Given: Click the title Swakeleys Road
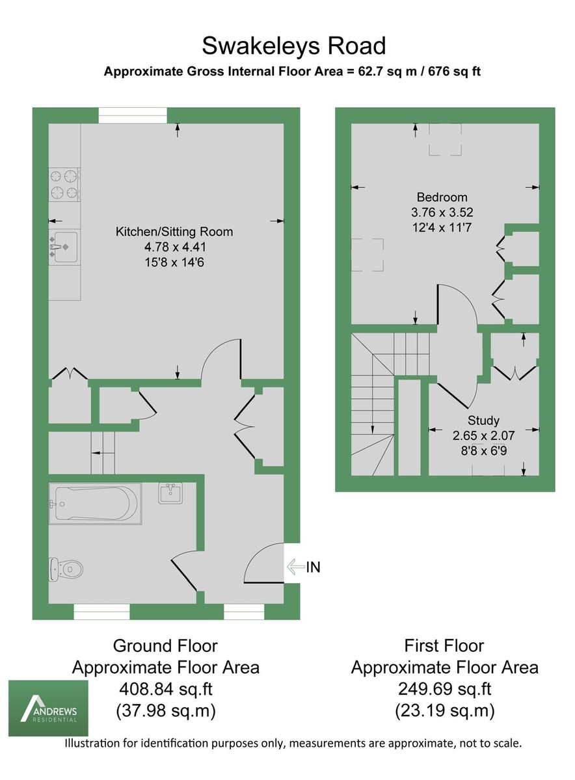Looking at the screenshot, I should point(293,46).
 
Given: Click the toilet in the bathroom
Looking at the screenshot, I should point(67,569).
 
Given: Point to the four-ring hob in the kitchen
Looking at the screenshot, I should point(64,183).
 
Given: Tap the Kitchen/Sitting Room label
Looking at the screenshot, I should point(174,231).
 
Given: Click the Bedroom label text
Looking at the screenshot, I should point(442,197).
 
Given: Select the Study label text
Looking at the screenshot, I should point(483,421).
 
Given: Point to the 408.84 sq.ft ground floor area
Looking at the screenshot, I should point(165,689).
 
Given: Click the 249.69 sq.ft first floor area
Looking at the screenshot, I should point(444,689).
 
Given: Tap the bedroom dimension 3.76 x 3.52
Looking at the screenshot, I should point(442,212).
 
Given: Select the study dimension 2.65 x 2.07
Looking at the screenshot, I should point(483,434).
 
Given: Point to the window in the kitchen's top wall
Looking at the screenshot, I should point(133,115).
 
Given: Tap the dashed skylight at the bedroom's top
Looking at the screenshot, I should point(444,142).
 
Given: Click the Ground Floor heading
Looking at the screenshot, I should point(165,645).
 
